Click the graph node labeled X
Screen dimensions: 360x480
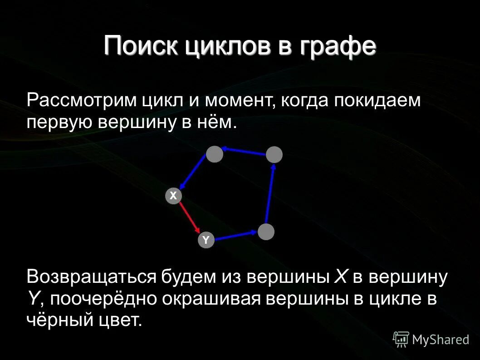[173, 196]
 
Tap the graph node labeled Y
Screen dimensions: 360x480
[206, 240]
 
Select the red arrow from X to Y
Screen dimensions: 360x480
[189, 218]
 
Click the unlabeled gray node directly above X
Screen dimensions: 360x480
[215, 154]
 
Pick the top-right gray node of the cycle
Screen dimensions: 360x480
[274, 155]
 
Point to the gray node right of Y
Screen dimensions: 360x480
[266, 232]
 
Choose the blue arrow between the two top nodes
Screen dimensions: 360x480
[244, 152]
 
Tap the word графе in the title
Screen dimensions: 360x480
[338, 47]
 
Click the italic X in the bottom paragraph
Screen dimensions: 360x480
[340, 276]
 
